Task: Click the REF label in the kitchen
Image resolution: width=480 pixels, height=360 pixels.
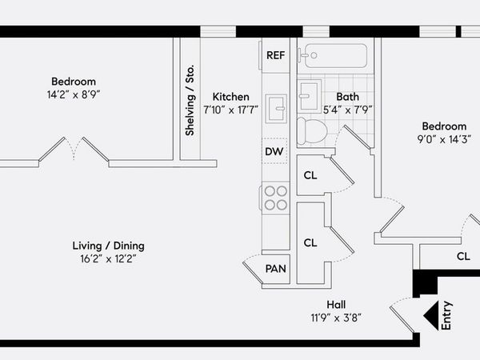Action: [275, 55]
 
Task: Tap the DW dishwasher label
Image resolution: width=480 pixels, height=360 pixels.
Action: [274, 151]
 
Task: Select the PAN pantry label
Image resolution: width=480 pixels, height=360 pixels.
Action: [275, 269]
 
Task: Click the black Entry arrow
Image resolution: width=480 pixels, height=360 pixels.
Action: [431, 316]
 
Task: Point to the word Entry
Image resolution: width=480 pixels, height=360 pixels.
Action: [446, 316]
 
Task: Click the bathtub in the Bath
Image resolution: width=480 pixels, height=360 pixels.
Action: [335, 56]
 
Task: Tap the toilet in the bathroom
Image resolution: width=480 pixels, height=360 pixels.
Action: [312, 131]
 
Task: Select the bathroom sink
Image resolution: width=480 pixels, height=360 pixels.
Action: [310, 95]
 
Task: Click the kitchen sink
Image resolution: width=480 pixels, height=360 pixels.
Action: [276, 108]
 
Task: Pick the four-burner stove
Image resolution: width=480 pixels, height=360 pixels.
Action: [275, 198]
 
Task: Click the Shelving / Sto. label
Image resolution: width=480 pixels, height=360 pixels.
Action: [190, 100]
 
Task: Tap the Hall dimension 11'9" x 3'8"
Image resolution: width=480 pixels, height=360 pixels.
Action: [336, 318]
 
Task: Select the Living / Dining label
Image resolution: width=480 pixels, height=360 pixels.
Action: [108, 246]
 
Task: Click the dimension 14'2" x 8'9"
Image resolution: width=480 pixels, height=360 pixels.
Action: [74, 94]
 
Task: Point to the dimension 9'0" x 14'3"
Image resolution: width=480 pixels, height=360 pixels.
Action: [444, 139]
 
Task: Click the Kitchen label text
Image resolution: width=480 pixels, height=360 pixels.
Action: [231, 97]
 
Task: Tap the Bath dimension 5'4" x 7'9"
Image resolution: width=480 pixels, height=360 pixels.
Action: [348, 110]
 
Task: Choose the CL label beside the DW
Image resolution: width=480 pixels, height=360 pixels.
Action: [310, 176]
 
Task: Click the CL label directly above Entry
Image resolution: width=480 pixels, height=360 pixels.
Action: [463, 256]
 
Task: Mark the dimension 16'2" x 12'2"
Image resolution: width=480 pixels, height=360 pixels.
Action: [108, 259]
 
